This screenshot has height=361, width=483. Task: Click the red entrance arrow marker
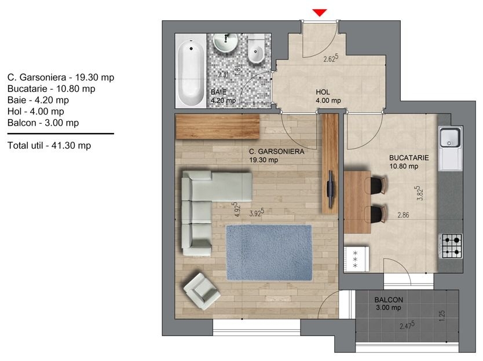tap(320, 13)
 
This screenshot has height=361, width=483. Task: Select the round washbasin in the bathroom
tap(226, 42)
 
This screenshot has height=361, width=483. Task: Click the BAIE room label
tap(219, 92)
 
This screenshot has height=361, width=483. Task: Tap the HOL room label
tap(323, 92)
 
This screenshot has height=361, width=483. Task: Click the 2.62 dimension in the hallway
tap(331, 58)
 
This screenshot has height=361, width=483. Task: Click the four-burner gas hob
tap(452, 246)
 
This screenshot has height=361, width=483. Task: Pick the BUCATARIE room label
tap(409, 158)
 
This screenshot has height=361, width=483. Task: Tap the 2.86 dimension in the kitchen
tap(403, 215)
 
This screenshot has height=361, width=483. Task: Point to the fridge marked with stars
tap(356, 259)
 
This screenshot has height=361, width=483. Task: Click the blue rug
tap(269, 253)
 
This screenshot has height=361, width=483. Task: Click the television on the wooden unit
tap(330, 189)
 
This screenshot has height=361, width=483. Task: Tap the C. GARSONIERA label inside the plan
tap(276, 152)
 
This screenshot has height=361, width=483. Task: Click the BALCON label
tap(389, 300)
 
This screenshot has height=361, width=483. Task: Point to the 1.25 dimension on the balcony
tap(442, 316)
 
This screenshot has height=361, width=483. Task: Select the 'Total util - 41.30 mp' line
tap(49, 145)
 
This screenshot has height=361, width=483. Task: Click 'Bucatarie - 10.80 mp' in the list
tap(52, 89)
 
